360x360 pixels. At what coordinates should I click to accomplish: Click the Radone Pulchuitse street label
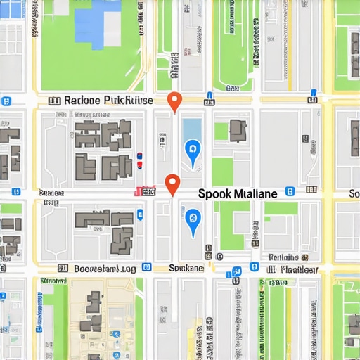pyautogui.click(x=108, y=101)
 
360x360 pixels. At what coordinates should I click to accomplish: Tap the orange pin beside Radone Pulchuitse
pyautogui.click(x=175, y=101)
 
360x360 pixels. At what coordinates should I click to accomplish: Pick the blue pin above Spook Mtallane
pyautogui.click(x=191, y=149)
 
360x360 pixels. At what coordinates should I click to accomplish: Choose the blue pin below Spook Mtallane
pyautogui.click(x=191, y=217)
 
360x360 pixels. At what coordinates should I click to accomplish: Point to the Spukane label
pyautogui.click(x=187, y=268)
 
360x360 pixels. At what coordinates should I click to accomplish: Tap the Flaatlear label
pyautogui.click(x=299, y=269)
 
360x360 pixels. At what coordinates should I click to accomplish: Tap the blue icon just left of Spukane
pyautogui.click(x=146, y=267)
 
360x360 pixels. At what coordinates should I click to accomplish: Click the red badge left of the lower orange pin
pyautogui.click(x=145, y=191)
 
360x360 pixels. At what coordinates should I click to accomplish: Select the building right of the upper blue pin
pyautogui.click(x=238, y=129)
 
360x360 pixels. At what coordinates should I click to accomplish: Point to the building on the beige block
pyautogui.click(x=94, y=310)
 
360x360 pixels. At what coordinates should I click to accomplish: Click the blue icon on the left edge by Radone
pyautogui.click(x=6, y=101)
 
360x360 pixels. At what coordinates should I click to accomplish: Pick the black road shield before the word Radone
pyautogui.click(x=54, y=101)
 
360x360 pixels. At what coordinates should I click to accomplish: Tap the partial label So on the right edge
pyautogui.click(x=354, y=193)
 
